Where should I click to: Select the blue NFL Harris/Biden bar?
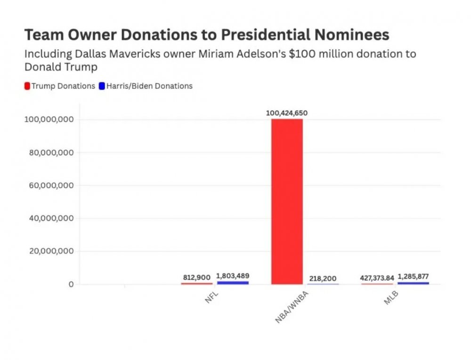(x=233, y=282)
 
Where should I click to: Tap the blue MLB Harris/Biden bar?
(x=413, y=283)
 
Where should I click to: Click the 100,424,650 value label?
(x=287, y=113)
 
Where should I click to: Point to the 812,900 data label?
(x=196, y=278)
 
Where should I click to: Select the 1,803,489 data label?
(x=233, y=276)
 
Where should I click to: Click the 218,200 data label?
(x=323, y=279)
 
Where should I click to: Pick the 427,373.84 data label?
(x=377, y=278)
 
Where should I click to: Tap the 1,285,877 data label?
(x=413, y=277)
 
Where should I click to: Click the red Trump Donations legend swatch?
(x=27, y=86)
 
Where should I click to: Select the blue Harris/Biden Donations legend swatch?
(x=102, y=86)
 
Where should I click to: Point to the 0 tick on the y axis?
(x=71, y=284)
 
